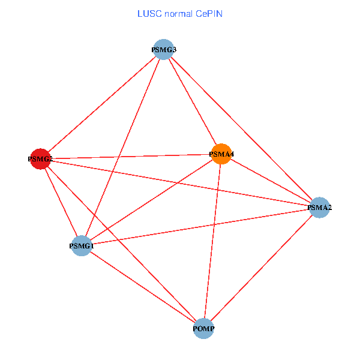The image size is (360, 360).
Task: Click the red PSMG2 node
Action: [40, 159]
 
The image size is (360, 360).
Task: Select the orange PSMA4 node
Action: [221, 154]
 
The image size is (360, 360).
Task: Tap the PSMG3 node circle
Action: [163, 49]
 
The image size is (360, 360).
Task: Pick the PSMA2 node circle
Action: [319, 208]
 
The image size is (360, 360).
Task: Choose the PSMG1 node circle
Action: [82, 245]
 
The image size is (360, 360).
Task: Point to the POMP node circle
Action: [204, 329]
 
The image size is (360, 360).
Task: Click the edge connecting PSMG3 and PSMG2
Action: [102, 104]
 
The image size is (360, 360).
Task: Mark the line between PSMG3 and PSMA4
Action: [192, 101]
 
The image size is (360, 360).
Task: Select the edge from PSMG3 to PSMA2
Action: [241, 128]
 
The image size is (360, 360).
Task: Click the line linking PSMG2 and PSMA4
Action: [131, 157]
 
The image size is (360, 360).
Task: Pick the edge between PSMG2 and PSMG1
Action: [61, 202]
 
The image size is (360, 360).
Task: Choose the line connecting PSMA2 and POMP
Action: [262, 268]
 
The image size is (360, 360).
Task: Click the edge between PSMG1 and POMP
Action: [143, 287]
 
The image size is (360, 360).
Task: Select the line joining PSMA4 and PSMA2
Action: [270, 181]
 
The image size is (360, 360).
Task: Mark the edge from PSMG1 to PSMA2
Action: [200, 226]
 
